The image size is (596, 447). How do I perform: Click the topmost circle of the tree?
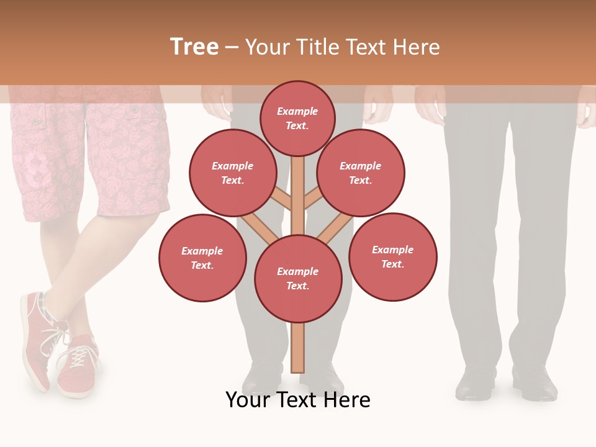[x=297, y=118]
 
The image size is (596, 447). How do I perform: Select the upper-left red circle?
[x=233, y=173]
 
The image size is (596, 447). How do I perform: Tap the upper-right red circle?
[x=360, y=173]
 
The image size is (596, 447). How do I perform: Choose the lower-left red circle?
[x=202, y=258]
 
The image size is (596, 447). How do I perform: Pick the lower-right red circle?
[x=392, y=256]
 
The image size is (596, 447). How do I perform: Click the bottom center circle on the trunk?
[x=298, y=279]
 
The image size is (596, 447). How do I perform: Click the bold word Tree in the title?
[x=194, y=47]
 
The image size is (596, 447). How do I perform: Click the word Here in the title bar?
[x=418, y=47]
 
